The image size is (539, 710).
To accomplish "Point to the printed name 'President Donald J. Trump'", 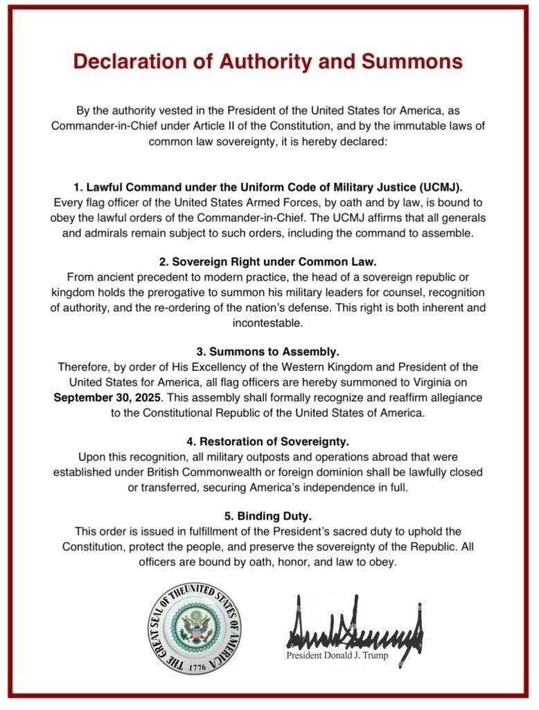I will click(337, 656).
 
